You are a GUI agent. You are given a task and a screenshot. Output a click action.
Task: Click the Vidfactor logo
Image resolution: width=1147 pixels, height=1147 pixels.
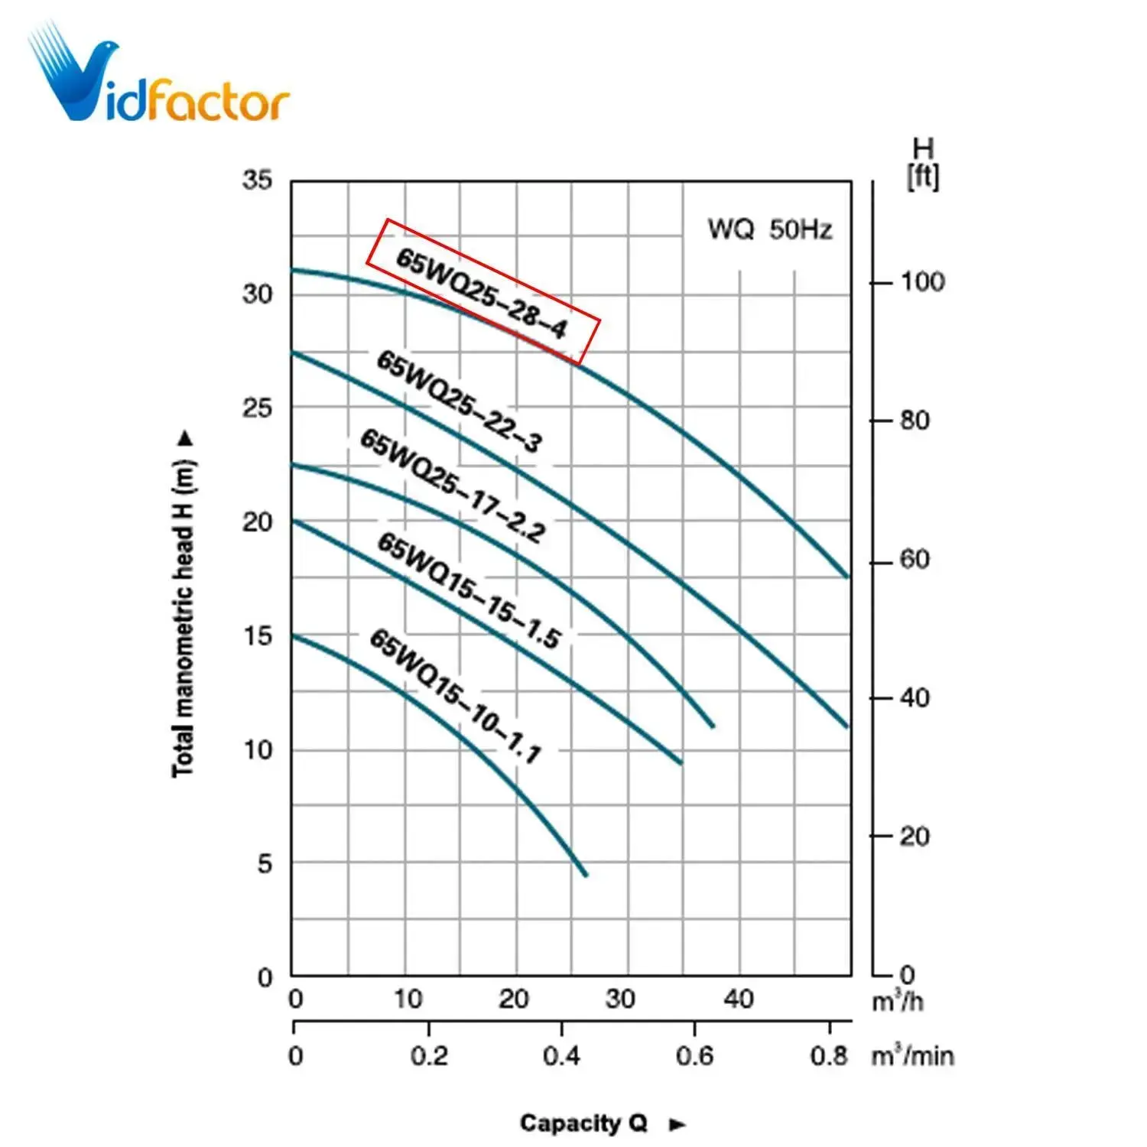(x=158, y=76)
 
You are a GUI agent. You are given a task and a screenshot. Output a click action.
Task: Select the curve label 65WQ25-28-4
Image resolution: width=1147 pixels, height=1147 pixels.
(x=483, y=292)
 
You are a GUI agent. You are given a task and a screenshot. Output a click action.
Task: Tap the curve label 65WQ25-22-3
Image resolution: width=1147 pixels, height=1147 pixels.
(x=460, y=401)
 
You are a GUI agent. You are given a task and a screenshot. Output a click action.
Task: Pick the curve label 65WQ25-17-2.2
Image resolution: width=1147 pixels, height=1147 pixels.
(x=453, y=486)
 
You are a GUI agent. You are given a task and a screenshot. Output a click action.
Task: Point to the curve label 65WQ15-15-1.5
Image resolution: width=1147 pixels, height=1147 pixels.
(x=470, y=590)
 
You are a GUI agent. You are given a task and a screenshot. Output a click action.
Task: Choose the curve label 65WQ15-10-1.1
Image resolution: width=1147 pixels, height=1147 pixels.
(x=456, y=695)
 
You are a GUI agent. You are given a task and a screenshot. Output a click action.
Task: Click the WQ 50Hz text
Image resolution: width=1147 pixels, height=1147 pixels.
(x=769, y=229)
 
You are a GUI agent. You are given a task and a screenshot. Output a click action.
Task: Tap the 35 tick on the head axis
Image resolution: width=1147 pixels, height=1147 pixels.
(x=257, y=180)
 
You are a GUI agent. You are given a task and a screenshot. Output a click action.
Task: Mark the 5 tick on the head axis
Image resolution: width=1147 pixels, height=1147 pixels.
(x=265, y=864)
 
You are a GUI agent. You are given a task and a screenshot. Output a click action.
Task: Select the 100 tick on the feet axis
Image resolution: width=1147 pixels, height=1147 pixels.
(x=922, y=282)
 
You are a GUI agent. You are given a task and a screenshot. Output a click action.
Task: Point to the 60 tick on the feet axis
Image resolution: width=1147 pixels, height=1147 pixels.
(x=915, y=560)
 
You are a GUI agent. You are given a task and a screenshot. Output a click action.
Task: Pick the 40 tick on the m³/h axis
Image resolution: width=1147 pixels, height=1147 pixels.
(x=739, y=999)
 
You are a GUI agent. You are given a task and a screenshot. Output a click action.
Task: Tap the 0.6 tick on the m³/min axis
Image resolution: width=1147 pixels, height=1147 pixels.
(x=694, y=1056)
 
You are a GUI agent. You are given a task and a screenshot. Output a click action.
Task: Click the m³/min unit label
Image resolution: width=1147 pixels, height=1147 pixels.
(x=913, y=1056)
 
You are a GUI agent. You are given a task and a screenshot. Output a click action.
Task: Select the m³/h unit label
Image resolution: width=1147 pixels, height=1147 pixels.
(x=898, y=1001)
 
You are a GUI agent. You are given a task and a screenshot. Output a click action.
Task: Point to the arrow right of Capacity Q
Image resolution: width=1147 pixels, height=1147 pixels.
(x=677, y=1124)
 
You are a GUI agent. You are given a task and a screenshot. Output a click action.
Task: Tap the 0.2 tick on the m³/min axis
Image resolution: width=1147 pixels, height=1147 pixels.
(x=429, y=1056)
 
